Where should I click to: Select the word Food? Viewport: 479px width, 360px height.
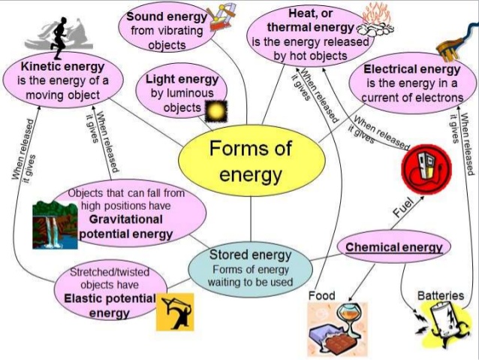click(x=321, y=295)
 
